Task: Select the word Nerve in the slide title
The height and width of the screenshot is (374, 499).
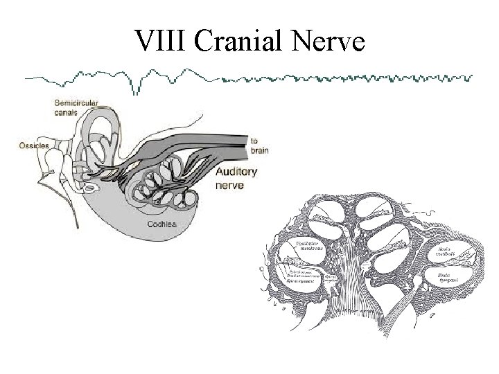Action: (329, 42)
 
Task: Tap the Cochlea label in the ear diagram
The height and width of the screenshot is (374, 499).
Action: (161, 224)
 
